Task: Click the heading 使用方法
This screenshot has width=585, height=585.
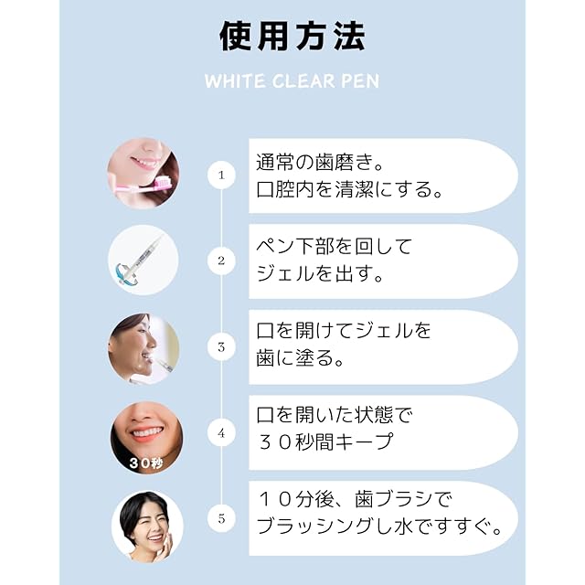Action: click(292, 37)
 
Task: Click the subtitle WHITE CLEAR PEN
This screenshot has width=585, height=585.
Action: click(292, 81)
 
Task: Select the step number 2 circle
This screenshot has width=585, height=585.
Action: click(220, 261)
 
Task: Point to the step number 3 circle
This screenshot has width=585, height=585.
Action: click(220, 347)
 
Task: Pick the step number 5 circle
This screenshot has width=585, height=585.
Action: click(220, 519)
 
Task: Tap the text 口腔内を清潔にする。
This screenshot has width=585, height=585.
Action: click(350, 190)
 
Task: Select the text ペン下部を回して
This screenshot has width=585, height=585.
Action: click(335, 247)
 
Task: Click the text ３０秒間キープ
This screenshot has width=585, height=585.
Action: click(324, 443)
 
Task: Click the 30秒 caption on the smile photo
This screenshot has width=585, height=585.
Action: click(145, 463)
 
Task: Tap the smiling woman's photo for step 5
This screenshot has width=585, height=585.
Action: click(146, 524)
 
